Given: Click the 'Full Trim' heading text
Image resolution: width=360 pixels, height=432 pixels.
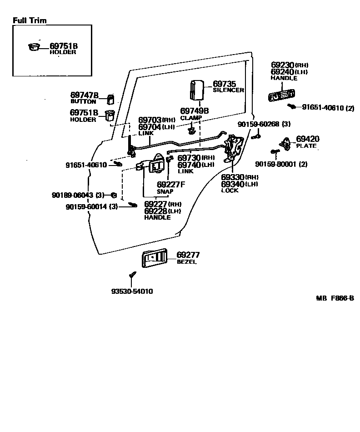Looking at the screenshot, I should point(30,20).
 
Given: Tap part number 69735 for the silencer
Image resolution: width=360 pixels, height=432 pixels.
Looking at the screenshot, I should point(225,84).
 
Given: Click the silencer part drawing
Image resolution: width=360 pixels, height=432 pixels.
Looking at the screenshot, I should point(196,89).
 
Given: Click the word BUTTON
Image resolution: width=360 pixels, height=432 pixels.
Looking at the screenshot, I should point(83,101).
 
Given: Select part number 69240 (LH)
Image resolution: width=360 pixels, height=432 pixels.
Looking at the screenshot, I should point(283,72).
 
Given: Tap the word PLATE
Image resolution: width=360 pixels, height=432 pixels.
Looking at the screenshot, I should point(306,146).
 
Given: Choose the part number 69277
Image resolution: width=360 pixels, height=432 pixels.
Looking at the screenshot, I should point(188,255).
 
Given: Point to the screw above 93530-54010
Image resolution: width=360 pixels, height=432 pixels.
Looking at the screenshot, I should point(132,274).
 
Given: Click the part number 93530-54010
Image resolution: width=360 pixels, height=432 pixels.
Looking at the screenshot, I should point(132,291).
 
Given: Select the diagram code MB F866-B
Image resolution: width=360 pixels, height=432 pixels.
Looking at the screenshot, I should point(335,298).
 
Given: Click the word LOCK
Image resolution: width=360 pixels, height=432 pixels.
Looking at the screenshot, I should point(230,191).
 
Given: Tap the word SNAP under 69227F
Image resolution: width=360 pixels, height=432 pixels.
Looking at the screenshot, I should point(165,191).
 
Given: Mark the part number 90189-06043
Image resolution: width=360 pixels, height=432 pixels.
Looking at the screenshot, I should point(72,195).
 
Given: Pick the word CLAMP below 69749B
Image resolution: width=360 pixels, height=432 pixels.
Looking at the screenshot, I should point(191,118).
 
